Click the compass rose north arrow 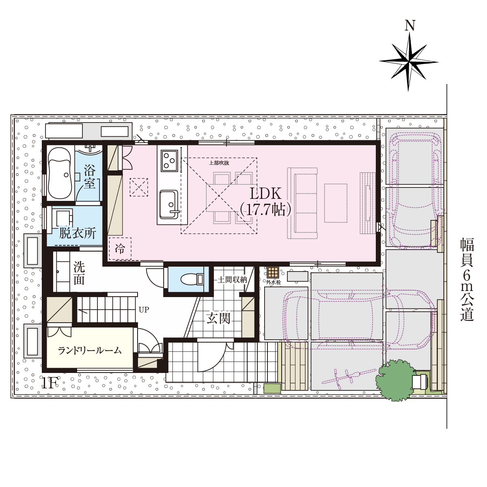[x=409, y=62]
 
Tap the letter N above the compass [x=409, y=26]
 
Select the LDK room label [x=265, y=202]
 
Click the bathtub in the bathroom [x=60, y=173]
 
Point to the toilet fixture [x=192, y=279]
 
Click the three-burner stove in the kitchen [x=169, y=160]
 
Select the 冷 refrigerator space [x=120, y=249]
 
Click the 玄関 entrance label [x=219, y=318]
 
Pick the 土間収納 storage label [x=232, y=280]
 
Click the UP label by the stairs [x=144, y=309]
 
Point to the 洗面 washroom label [x=79, y=273]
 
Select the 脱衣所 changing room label [x=78, y=233]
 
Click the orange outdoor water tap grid [x=273, y=272]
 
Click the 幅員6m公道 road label [x=467, y=279]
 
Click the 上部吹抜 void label [x=219, y=163]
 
